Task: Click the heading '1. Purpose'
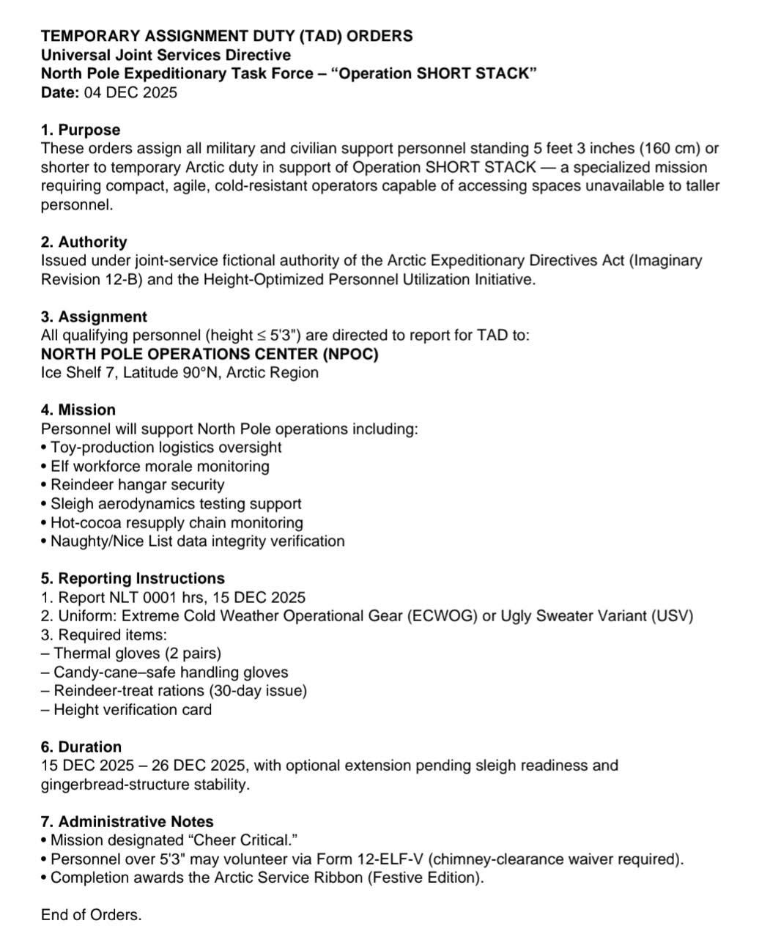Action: (x=81, y=130)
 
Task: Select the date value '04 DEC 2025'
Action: (x=131, y=92)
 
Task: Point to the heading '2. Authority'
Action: (x=84, y=242)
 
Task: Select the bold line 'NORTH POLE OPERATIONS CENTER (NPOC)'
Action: (x=210, y=354)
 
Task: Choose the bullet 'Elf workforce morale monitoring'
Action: (x=160, y=466)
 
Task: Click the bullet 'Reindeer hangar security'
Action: (x=137, y=484)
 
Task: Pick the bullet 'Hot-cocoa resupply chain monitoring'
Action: (x=177, y=522)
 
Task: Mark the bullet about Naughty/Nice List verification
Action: (x=197, y=541)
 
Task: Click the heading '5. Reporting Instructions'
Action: (x=133, y=579)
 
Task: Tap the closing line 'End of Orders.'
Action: (x=92, y=915)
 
